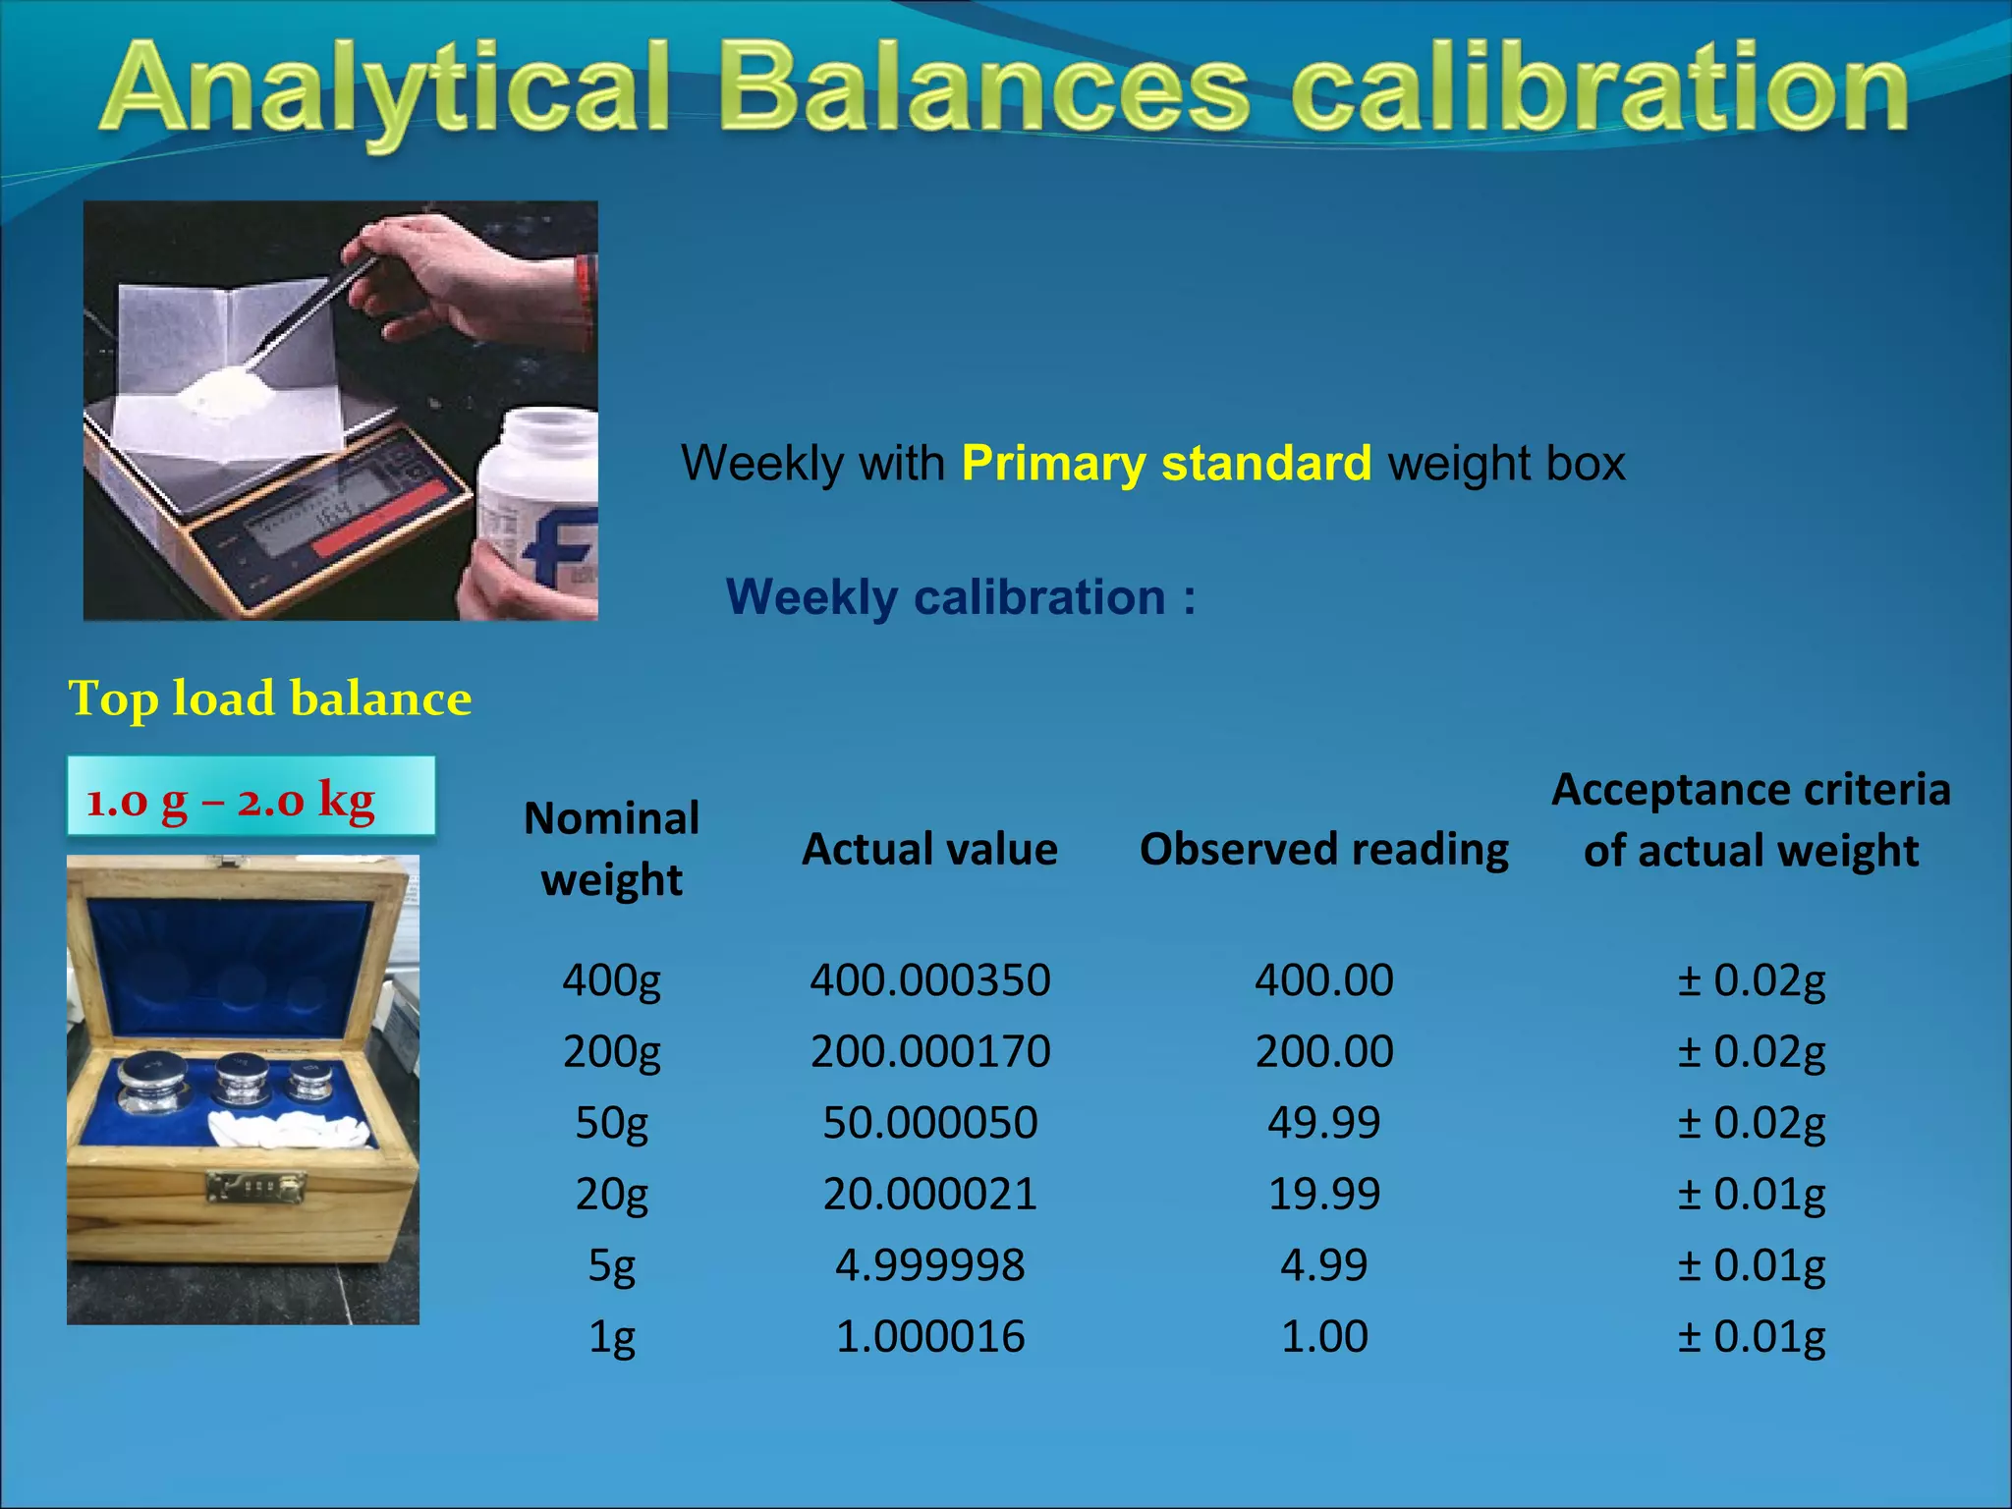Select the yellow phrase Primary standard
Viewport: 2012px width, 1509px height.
[1166, 463]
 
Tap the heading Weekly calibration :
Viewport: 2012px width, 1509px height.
[961, 597]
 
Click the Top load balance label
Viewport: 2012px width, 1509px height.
[270, 699]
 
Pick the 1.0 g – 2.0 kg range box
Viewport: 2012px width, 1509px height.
[251, 797]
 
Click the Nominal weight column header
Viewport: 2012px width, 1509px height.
[611, 849]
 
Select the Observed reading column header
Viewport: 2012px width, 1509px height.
[1323, 849]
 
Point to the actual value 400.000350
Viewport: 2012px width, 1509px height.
[929, 980]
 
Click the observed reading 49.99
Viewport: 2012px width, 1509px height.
[1323, 1122]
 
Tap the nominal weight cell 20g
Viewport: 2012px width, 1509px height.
[611, 1194]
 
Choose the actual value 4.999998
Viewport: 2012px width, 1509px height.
[929, 1265]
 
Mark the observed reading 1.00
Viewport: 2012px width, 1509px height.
[1323, 1337]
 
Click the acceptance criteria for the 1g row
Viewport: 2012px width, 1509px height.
[1751, 1337]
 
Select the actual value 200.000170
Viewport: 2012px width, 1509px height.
[929, 1051]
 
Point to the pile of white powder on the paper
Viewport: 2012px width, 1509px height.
[226, 393]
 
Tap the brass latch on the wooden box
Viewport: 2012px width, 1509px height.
[254, 1187]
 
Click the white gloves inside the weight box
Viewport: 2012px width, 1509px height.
[290, 1130]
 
